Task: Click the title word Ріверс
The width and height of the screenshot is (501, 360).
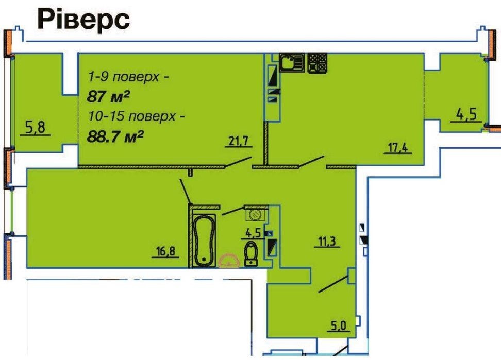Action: pos(83,20)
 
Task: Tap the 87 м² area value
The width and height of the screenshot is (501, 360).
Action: pos(108,96)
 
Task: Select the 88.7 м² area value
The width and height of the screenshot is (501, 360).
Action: pos(115,137)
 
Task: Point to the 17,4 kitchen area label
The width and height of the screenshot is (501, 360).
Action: pos(398,148)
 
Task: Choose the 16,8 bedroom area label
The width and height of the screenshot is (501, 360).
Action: pos(165,251)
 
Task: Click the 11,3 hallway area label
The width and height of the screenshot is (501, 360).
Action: pos(327,241)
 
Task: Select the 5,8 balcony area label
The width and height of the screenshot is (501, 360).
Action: pos(35,128)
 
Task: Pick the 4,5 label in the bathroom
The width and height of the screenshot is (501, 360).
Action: pos(253,233)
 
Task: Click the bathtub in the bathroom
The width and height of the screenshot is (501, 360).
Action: pos(204,241)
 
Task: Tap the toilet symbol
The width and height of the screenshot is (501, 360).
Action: pos(252,254)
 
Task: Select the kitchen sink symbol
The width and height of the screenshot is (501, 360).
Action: pos(292,62)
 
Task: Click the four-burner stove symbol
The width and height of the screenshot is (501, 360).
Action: pos(318,62)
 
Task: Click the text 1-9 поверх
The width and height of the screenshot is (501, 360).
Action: pos(124,77)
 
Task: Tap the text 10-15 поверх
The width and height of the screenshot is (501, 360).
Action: pos(132,116)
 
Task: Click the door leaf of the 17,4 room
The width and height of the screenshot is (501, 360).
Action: pos(311,161)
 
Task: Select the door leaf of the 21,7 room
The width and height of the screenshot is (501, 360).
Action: pos(238,162)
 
